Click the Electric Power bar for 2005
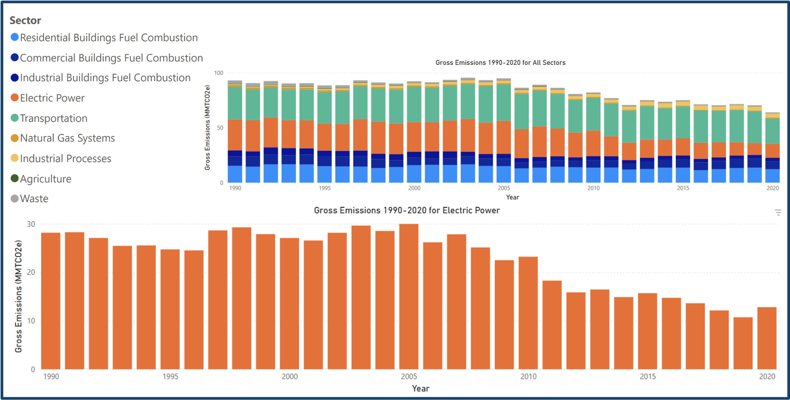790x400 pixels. pos(409,297)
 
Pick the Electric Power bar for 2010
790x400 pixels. pos(528,313)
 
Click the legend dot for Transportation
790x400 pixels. pos(15,118)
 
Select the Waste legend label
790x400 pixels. pos(34,198)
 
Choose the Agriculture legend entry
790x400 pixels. pos(45,179)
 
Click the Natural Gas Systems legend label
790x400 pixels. pos(67,138)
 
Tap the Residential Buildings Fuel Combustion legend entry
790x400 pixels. pos(109,38)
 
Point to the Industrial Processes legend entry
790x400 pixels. pos(65,158)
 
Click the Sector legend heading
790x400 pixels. pos(25,20)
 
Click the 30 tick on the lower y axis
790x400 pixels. pos(31,224)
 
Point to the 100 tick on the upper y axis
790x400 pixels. pos(218,73)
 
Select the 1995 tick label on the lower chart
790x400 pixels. pos(170,376)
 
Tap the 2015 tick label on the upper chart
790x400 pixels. pos(683,188)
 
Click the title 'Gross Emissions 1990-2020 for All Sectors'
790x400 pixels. pos(500,62)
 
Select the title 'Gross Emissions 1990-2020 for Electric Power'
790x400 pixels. pos(407,210)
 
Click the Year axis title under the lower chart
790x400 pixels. pos(421,388)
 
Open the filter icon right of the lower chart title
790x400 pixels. pos(778,212)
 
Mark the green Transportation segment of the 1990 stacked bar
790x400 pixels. pos(235,103)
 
